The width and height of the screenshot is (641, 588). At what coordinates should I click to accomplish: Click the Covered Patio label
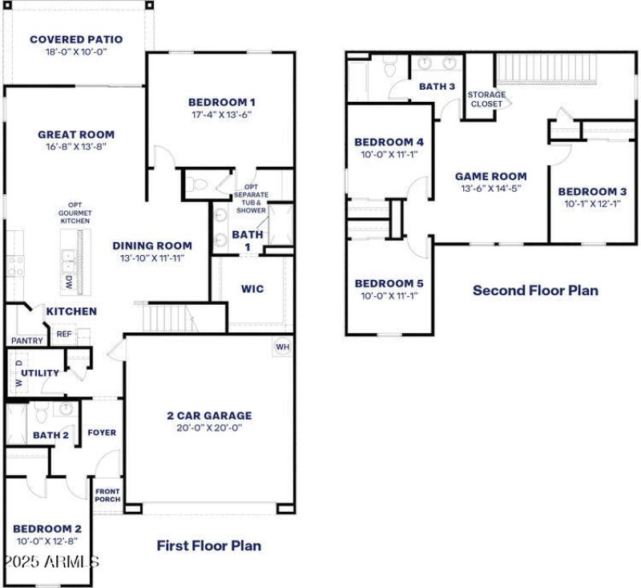(x=76, y=39)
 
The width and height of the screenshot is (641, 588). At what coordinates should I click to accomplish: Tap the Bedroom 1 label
(x=222, y=102)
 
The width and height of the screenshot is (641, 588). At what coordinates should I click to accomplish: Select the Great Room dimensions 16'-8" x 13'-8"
(x=76, y=147)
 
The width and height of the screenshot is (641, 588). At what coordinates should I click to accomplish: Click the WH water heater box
(x=282, y=347)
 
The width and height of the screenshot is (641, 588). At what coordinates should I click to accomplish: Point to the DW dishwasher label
(x=69, y=282)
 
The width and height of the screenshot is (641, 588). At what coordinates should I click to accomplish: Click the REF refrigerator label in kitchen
(x=63, y=334)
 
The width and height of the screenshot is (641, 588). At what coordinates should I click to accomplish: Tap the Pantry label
(x=26, y=341)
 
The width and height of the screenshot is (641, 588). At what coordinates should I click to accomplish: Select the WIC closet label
(x=252, y=289)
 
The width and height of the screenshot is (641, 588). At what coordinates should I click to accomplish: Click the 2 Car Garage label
(x=209, y=416)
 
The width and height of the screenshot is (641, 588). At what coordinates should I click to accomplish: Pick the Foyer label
(x=102, y=432)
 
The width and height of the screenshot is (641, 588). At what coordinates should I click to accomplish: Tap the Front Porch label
(x=107, y=495)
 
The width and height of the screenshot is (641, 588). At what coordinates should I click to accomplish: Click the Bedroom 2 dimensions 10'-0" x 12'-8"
(x=47, y=541)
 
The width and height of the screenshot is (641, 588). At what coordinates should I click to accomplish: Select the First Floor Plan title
(x=208, y=545)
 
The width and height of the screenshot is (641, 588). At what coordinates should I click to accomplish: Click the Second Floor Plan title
(x=535, y=290)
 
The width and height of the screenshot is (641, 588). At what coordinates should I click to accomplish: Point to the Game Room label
(x=491, y=176)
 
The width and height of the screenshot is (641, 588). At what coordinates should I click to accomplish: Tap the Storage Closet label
(x=486, y=99)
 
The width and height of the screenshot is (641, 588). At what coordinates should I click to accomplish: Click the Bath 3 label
(x=437, y=87)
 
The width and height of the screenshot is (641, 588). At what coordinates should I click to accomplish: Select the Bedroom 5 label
(x=389, y=283)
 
